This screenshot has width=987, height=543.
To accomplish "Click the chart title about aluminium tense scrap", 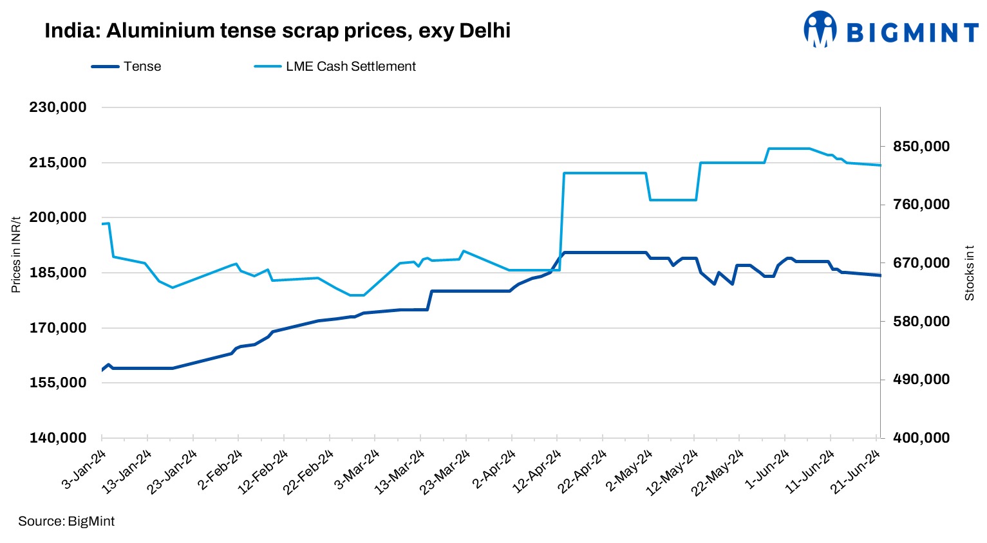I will pos(277,30).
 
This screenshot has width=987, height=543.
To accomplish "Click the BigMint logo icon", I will pos(820,29).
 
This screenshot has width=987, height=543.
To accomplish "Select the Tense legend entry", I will pos(126,66).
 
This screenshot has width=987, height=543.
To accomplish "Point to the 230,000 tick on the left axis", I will pos(58,107).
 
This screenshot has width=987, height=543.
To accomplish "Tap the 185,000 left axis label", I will pos(58,272).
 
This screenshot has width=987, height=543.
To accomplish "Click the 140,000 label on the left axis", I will pos(58,437).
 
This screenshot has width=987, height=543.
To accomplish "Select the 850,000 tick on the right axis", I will pos(921,147).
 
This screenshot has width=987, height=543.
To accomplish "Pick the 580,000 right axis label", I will pos(921,321).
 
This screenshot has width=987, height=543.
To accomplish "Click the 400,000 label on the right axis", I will pos(921,437).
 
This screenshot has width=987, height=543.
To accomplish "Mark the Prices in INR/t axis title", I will pos(16,254).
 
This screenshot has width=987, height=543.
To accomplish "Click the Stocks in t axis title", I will pos(969,273).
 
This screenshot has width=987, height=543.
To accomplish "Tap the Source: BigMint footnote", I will pos(66,521).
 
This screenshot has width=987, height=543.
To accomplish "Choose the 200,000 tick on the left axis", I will pos(58,217).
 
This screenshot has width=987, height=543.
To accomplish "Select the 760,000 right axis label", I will pos(921,205).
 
